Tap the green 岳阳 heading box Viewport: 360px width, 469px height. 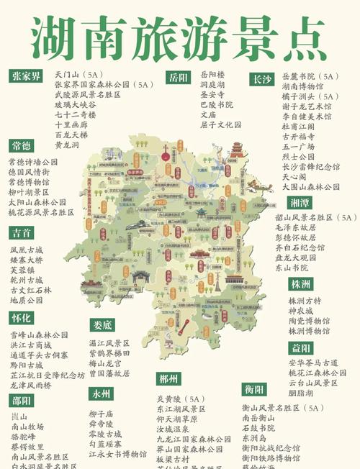(176, 77)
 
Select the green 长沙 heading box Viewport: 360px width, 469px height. (261, 79)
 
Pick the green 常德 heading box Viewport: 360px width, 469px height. (21, 147)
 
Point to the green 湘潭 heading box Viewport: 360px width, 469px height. (300, 203)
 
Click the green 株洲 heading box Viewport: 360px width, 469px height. (301, 284)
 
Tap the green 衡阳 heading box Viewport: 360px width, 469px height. (253, 390)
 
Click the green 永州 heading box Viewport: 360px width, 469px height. (100, 394)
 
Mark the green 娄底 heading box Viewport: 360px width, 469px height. (102, 325)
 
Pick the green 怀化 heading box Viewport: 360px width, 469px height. (21, 318)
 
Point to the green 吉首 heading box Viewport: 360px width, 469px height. (21, 233)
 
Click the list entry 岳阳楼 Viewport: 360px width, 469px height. (212, 74)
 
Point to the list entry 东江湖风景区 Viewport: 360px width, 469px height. (181, 409)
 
